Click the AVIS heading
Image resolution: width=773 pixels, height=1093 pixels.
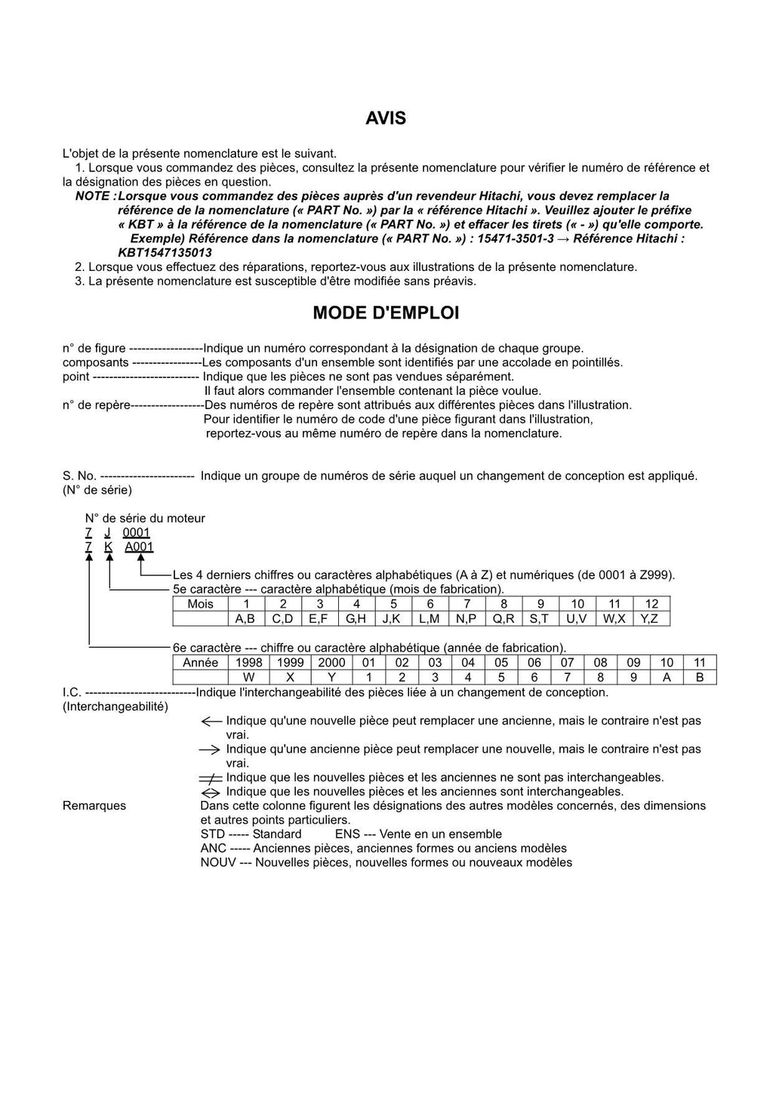(x=386, y=119)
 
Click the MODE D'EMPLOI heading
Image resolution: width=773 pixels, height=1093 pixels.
(x=386, y=313)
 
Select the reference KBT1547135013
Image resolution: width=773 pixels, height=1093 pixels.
(x=165, y=253)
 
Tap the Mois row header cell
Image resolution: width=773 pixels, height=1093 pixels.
(x=200, y=604)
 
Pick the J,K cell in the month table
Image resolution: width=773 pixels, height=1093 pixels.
(x=393, y=619)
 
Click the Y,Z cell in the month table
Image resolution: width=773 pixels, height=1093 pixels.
(x=651, y=619)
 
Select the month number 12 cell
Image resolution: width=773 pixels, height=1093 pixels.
(x=651, y=604)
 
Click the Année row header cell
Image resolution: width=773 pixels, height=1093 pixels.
(x=200, y=663)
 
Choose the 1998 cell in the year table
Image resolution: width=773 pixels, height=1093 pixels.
(x=248, y=663)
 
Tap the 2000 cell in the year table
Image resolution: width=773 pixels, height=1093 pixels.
(x=331, y=663)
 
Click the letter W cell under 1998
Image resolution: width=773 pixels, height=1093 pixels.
(x=248, y=677)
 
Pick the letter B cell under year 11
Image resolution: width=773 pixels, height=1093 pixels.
(x=699, y=677)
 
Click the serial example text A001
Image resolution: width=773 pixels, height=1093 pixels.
(x=139, y=547)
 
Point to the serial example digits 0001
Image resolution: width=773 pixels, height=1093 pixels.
(x=137, y=533)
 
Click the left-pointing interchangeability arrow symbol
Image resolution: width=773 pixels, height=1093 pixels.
(x=211, y=722)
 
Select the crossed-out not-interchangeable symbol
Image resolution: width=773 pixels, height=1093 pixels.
(x=211, y=778)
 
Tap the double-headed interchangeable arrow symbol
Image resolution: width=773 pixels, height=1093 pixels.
(x=211, y=793)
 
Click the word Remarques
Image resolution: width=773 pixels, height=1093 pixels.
(x=94, y=806)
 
